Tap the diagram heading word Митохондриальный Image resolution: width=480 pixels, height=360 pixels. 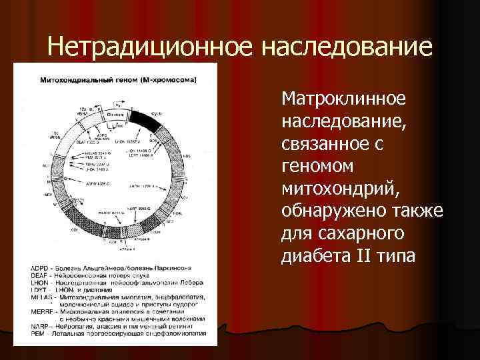[x=79, y=80]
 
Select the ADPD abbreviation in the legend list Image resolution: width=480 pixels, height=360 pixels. [x=40, y=268]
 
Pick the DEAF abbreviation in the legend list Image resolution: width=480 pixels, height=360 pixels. [x=40, y=275]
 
